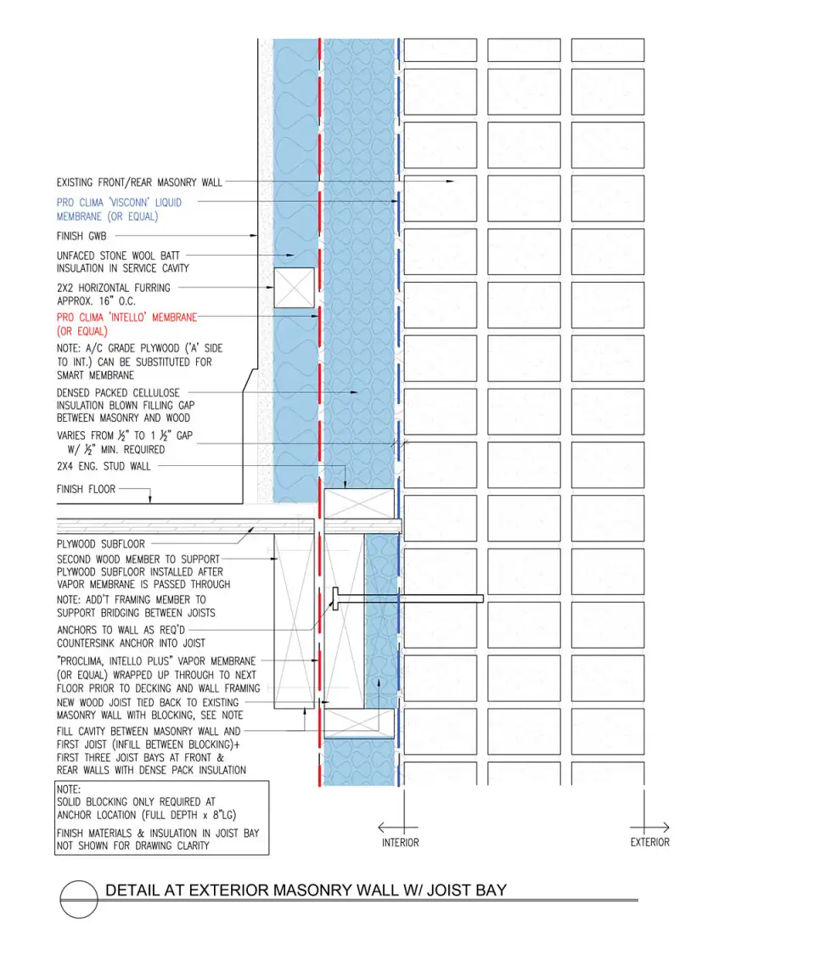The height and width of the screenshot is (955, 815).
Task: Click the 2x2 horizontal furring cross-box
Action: click(x=294, y=288)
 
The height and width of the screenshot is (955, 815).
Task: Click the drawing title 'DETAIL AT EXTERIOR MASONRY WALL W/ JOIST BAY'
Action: click(x=306, y=890)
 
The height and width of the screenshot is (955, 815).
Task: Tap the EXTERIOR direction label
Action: click(x=649, y=842)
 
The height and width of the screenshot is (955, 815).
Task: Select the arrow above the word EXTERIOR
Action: click(x=649, y=827)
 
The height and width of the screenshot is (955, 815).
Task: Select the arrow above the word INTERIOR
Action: click(x=397, y=827)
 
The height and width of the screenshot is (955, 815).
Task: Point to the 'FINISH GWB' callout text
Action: click(x=81, y=236)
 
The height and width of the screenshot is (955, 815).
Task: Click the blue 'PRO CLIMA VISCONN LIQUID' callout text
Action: click(x=119, y=203)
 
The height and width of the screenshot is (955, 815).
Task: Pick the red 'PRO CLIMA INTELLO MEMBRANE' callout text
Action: click(x=126, y=317)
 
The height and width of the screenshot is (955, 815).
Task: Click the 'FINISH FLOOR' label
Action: click(x=86, y=489)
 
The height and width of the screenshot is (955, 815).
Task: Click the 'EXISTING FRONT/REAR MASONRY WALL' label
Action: click(x=140, y=183)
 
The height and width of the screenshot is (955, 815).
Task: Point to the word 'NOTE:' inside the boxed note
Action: click(x=68, y=789)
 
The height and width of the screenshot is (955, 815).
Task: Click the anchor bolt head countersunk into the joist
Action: click(x=336, y=598)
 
